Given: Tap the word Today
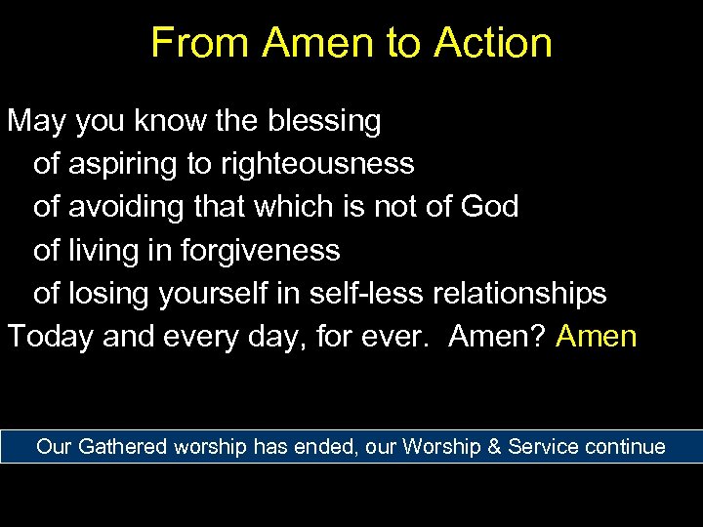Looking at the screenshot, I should pos(51,337).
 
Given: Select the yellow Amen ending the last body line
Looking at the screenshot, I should pos(597,337).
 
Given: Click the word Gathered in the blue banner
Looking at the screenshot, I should pos(122,447).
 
